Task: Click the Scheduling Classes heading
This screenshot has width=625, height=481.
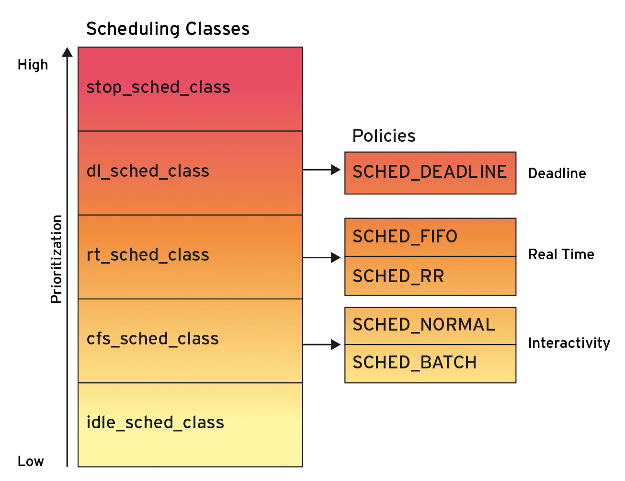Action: click(x=168, y=29)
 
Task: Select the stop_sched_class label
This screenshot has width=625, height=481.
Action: click(x=158, y=88)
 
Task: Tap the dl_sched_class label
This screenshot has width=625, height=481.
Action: click(x=148, y=172)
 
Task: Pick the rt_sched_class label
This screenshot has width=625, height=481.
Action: click(x=148, y=255)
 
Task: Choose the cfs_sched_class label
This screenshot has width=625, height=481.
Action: click(x=152, y=339)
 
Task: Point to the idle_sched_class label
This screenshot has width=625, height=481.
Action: click(x=155, y=423)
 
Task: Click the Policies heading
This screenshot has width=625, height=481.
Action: click(x=384, y=136)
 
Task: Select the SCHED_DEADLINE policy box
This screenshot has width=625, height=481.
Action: click(x=430, y=173)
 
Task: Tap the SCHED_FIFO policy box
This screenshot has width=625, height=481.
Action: click(x=430, y=237)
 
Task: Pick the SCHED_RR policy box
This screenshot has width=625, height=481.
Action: click(x=430, y=276)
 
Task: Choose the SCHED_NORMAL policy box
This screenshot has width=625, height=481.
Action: click(x=430, y=325)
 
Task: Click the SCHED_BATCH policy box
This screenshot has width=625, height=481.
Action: click(x=430, y=363)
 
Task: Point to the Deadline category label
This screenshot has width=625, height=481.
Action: click(x=557, y=173)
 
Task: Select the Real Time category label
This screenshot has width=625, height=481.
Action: click(x=561, y=254)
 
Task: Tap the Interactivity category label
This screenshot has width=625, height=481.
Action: click(x=569, y=343)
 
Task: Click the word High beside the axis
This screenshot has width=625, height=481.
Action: click(x=33, y=65)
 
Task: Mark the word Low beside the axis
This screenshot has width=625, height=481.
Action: click(x=31, y=461)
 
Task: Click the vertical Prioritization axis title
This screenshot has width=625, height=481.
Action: click(x=57, y=259)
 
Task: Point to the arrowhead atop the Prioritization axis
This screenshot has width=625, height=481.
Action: click(x=68, y=52)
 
